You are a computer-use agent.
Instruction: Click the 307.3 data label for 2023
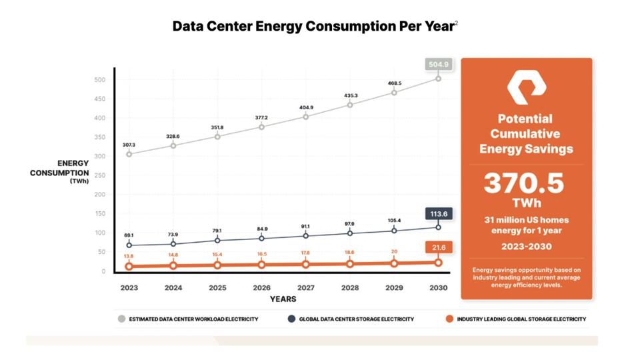pos(129,144)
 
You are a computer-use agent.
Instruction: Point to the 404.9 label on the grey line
pos(305,107)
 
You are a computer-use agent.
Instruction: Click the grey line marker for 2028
pos(349,105)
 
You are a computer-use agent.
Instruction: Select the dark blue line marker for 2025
pos(217,240)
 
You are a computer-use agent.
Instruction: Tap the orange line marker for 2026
pos(261,265)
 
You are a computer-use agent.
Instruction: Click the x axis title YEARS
pos(283,299)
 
